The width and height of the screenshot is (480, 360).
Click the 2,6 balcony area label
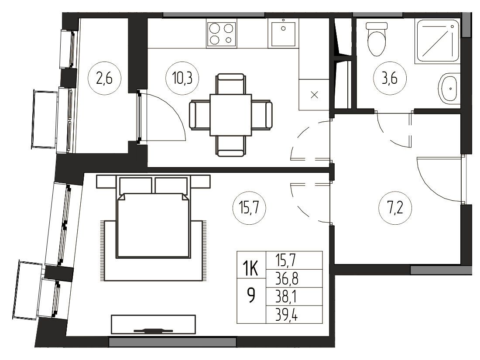[x=104, y=79]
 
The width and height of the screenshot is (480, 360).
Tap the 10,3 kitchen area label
[x=182, y=79]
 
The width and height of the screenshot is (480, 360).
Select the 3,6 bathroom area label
[x=390, y=79]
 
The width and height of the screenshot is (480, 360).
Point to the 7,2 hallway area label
[x=395, y=208]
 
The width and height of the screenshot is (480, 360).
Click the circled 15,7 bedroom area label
[x=249, y=208]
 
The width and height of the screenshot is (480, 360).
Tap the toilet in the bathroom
[x=377, y=39]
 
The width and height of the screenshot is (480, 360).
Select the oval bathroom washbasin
[x=449, y=89]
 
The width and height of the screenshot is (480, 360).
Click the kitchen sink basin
[x=283, y=33]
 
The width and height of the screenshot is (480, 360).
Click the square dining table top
[x=230, y=115]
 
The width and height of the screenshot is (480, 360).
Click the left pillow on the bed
[x=136, y=185]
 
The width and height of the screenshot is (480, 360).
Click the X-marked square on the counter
[x=314, y=95]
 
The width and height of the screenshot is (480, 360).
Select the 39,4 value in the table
[x=287, y=314]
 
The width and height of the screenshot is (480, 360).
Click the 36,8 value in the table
[x=287, y=278]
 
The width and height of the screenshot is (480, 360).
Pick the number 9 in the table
[x=251, y=296]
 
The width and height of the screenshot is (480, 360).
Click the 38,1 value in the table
[x=286, y=296]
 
